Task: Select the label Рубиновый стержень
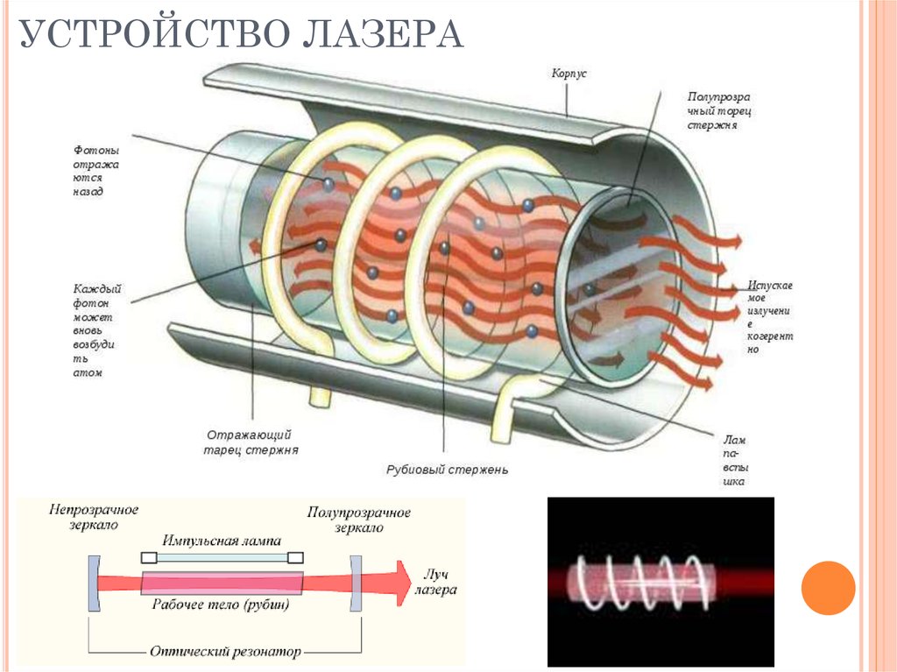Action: pyautogui.click(x=447, y=470)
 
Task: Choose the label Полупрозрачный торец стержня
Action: pyautogui.click(x=719, y=110)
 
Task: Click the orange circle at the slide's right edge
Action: pyautogui.click(x=828, y=587)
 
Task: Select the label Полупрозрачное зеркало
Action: pyautogui.click(x=359, y=519)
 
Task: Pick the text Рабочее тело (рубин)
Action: pyautogui.click(x=221, y=604)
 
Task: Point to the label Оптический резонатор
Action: pyautogui.click(x=223, y=652)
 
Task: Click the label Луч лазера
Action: pyautogui.click(x=439, y=582)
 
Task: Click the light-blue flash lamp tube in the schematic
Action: pyautogui.click(x=222, y=557)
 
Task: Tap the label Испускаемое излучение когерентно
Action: pyautogui.click(x=770, y=316)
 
